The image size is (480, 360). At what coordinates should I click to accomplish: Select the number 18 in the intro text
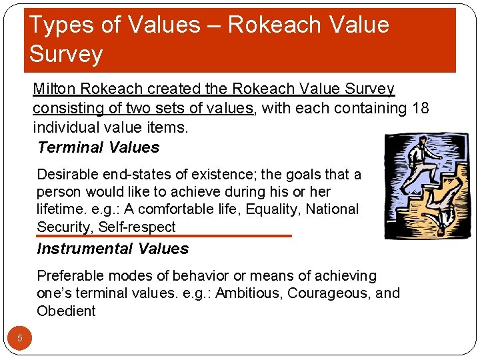[421, 108]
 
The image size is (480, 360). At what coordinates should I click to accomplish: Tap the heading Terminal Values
[99, 147]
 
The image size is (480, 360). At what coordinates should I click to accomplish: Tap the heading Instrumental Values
[113, 249]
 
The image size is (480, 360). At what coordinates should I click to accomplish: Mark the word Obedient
[66, 311]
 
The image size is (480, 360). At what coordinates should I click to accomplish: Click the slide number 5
[20, 338]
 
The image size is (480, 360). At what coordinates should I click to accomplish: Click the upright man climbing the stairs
[419, 163]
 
